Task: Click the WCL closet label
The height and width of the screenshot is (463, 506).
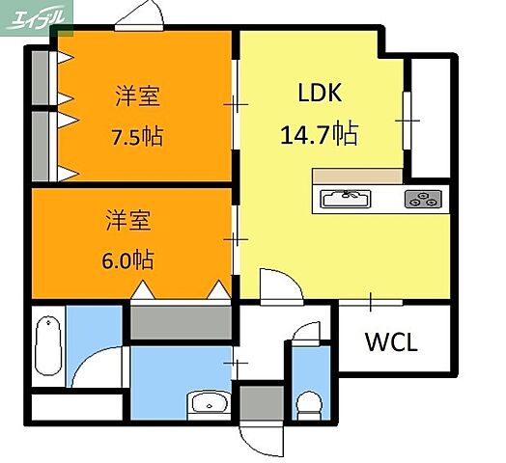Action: click(x=391, y=341)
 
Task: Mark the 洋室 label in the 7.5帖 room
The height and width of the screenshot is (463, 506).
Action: click(x=137, y=96)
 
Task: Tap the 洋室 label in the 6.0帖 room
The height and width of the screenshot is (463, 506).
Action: click(x=127, y=220)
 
